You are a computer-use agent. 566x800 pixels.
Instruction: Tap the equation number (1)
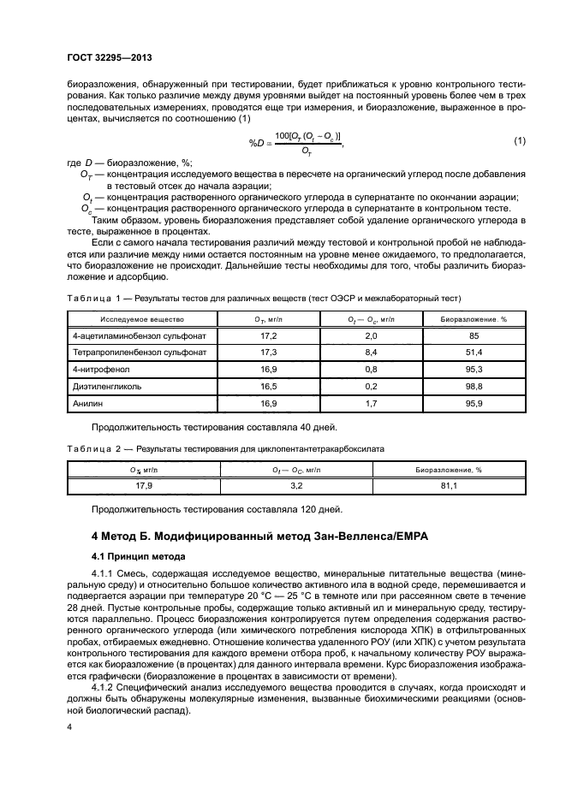[519, 140]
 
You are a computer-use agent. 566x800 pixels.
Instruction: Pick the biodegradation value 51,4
[474, 352]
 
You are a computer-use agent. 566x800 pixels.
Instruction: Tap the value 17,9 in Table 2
[144, 486]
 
